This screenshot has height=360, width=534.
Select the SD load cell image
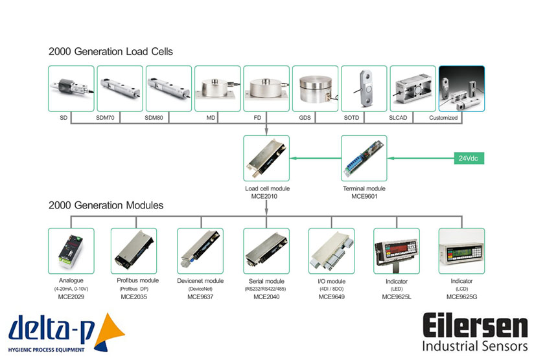pos(71,89)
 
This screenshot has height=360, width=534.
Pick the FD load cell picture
pos(266,89)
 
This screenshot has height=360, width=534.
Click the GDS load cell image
pos(315,89)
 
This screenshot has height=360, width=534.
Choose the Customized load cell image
pos(461,89)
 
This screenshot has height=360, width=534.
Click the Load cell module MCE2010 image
pos(266,158)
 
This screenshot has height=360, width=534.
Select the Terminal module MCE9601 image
pos(364,158)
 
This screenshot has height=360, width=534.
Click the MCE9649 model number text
pos(331,297)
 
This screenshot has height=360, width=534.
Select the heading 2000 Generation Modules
pos(106,205)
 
